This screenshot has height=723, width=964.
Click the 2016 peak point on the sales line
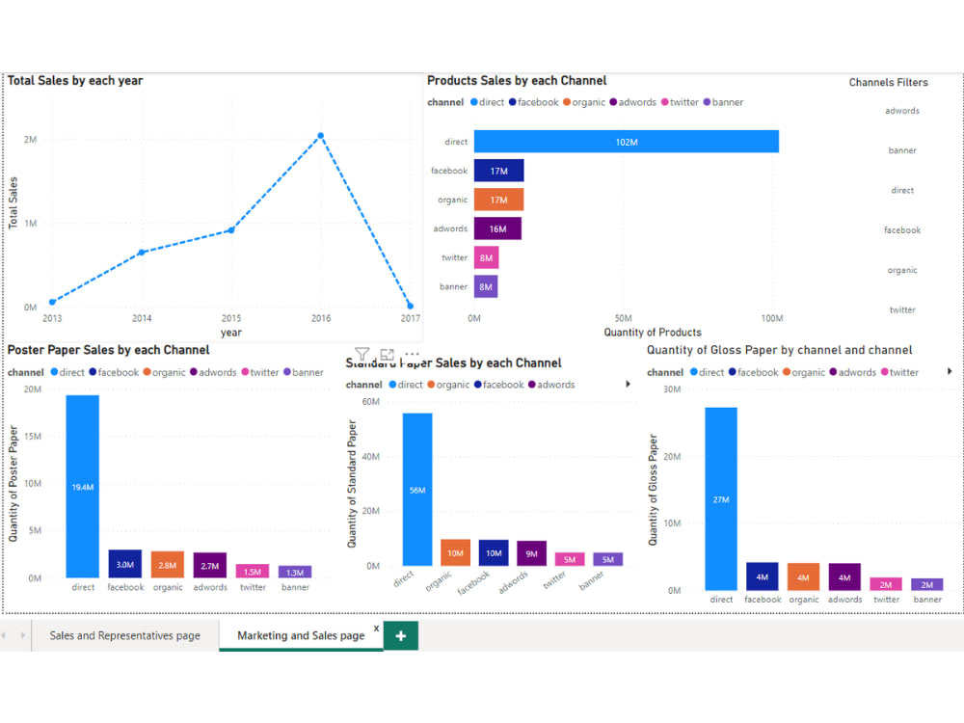click(x=321, y=136)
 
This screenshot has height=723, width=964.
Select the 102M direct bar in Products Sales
click(x=626, y=142)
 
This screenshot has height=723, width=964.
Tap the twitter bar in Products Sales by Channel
click(x=486, y=257)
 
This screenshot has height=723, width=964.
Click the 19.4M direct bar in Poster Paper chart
click(x=83, y=487)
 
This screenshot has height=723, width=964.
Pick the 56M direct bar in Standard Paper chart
click(x=417, y=490)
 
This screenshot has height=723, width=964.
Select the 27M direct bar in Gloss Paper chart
click(x=721, y=498)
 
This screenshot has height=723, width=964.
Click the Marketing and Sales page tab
click(x=301, y=635)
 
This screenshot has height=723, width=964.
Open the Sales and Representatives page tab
click(x=125, y=635)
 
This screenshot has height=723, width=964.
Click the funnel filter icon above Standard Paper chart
click(x=361, y=355)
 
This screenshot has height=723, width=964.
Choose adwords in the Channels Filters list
click(x=902, y=111)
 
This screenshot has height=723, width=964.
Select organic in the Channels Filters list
click(x=902, y=270)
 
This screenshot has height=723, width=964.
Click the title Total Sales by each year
click(x=75, y=81)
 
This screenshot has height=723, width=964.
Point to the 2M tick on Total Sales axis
click(x=31, y=140)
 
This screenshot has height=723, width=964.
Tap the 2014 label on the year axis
click(x=142, y=318)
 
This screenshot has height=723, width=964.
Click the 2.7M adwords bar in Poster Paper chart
click(x=210, y=565)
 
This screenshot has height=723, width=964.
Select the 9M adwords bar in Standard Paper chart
click(x=531, y=553)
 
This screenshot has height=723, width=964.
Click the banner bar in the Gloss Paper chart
click(x=927, y=584)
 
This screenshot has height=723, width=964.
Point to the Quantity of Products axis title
click(x=653, y=333)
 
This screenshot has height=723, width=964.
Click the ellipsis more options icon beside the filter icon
click(x=412, y=355)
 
